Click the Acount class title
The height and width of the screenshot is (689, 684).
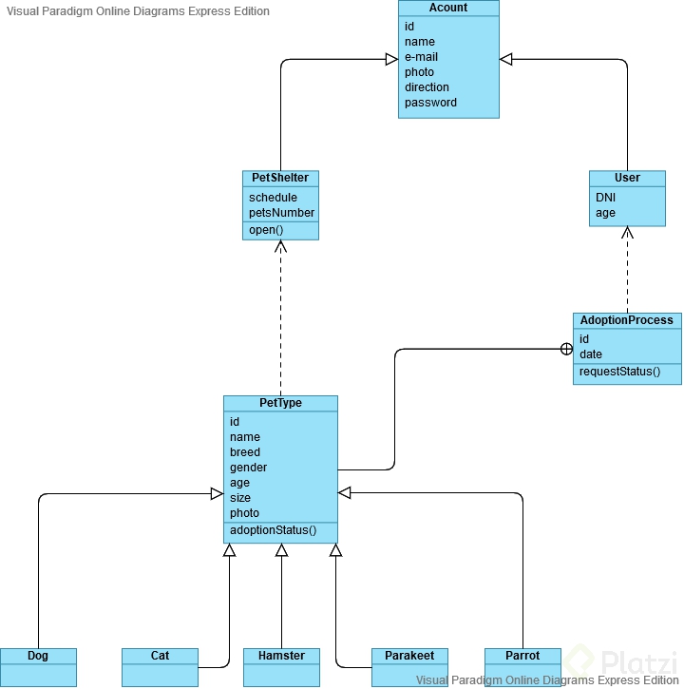coord(448,8)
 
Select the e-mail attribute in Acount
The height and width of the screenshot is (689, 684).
coord(421,57)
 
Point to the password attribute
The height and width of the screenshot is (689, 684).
coord(430,103)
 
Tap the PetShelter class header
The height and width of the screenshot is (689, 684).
coord(280,178)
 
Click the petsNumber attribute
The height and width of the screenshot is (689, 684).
coord(281,213)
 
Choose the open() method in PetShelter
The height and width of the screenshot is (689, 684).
coord(266,230)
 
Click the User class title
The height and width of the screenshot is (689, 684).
coord(627,178)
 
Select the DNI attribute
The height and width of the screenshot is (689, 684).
coord(606,198)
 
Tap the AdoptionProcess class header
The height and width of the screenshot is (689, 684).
coord(627,320)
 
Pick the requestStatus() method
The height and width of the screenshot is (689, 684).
coord(619,371)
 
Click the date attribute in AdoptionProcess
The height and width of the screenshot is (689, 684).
coord(591,354)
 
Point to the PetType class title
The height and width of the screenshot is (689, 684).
coord(280,403)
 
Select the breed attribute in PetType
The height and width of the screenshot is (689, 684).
coord(245,452)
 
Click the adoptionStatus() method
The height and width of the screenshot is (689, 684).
coord(273,530)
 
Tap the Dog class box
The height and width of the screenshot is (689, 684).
coord(38,665)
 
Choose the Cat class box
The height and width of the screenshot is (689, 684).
coord(160,665)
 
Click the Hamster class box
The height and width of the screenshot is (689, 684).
coord(281,665)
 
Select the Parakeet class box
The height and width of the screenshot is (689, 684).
coord(409,665)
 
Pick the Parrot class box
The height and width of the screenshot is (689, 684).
coord(522,665)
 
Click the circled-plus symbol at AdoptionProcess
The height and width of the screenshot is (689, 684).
coord(566,349)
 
